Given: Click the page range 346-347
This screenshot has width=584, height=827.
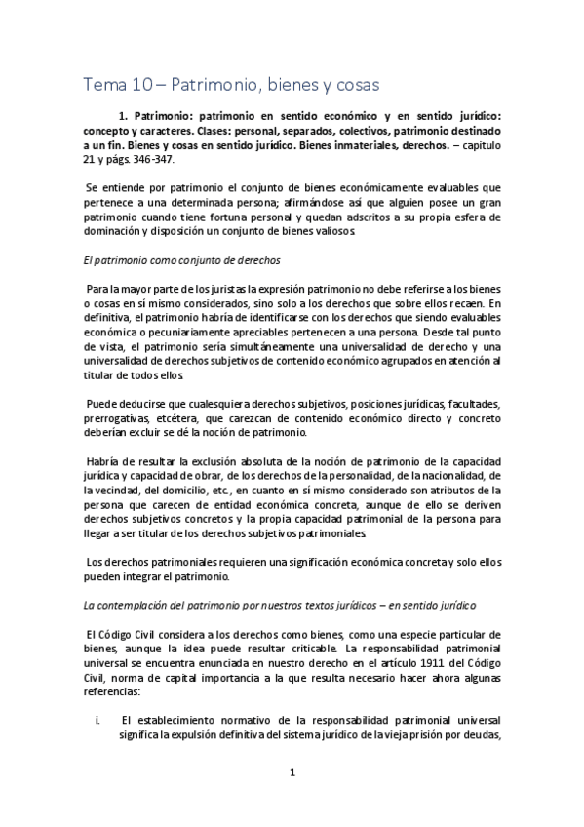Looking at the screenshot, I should [x=174, y=159].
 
